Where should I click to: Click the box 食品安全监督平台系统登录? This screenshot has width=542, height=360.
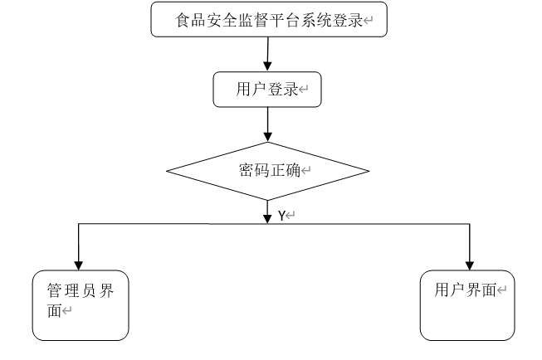(269, 19)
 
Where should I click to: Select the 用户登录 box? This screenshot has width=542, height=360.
(267, 90)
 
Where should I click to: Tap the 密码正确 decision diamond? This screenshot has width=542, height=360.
(267, 171)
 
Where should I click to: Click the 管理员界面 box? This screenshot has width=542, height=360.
(81, 305)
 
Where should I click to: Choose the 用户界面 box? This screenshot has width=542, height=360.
(467, 305)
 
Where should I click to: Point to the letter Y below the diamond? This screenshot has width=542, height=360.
(281, 216)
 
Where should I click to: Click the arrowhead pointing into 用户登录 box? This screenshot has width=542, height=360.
(267, 66)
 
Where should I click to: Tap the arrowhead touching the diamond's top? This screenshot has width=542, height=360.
(267, 137)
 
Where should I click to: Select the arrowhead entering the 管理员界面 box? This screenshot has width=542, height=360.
(79, 265)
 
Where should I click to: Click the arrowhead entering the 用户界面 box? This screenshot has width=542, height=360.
(470, 265)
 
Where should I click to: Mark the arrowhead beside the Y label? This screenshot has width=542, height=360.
(267, 219)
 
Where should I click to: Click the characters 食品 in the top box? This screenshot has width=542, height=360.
(190, 20)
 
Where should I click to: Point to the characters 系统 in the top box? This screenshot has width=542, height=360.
(316, 20)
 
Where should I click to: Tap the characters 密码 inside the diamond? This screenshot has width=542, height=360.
(254, 170)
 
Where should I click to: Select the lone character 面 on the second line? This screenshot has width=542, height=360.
(55, 310)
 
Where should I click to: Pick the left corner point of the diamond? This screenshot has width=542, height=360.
(167, 171)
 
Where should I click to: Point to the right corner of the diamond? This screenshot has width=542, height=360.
(369, 171)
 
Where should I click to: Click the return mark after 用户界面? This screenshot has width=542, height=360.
(501, 289)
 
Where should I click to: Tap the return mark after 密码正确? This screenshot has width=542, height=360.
(306, 170)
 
